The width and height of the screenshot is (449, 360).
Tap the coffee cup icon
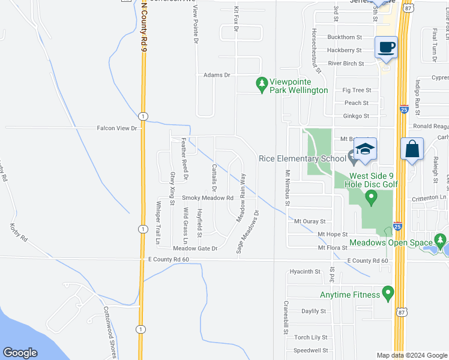386,47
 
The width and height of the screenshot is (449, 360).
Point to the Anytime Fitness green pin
387,294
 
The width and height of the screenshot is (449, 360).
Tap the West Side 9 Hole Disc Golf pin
371,196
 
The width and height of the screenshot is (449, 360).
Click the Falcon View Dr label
118,128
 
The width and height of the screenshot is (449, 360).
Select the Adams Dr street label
217,75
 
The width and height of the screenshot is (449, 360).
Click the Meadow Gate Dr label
195,248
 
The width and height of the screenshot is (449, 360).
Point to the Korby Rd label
19,233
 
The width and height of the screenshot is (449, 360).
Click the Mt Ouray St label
309,221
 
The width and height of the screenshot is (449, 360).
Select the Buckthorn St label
344,37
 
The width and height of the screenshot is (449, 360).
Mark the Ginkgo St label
355,116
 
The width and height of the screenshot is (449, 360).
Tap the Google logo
20,353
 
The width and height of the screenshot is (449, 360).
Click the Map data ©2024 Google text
412,355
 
